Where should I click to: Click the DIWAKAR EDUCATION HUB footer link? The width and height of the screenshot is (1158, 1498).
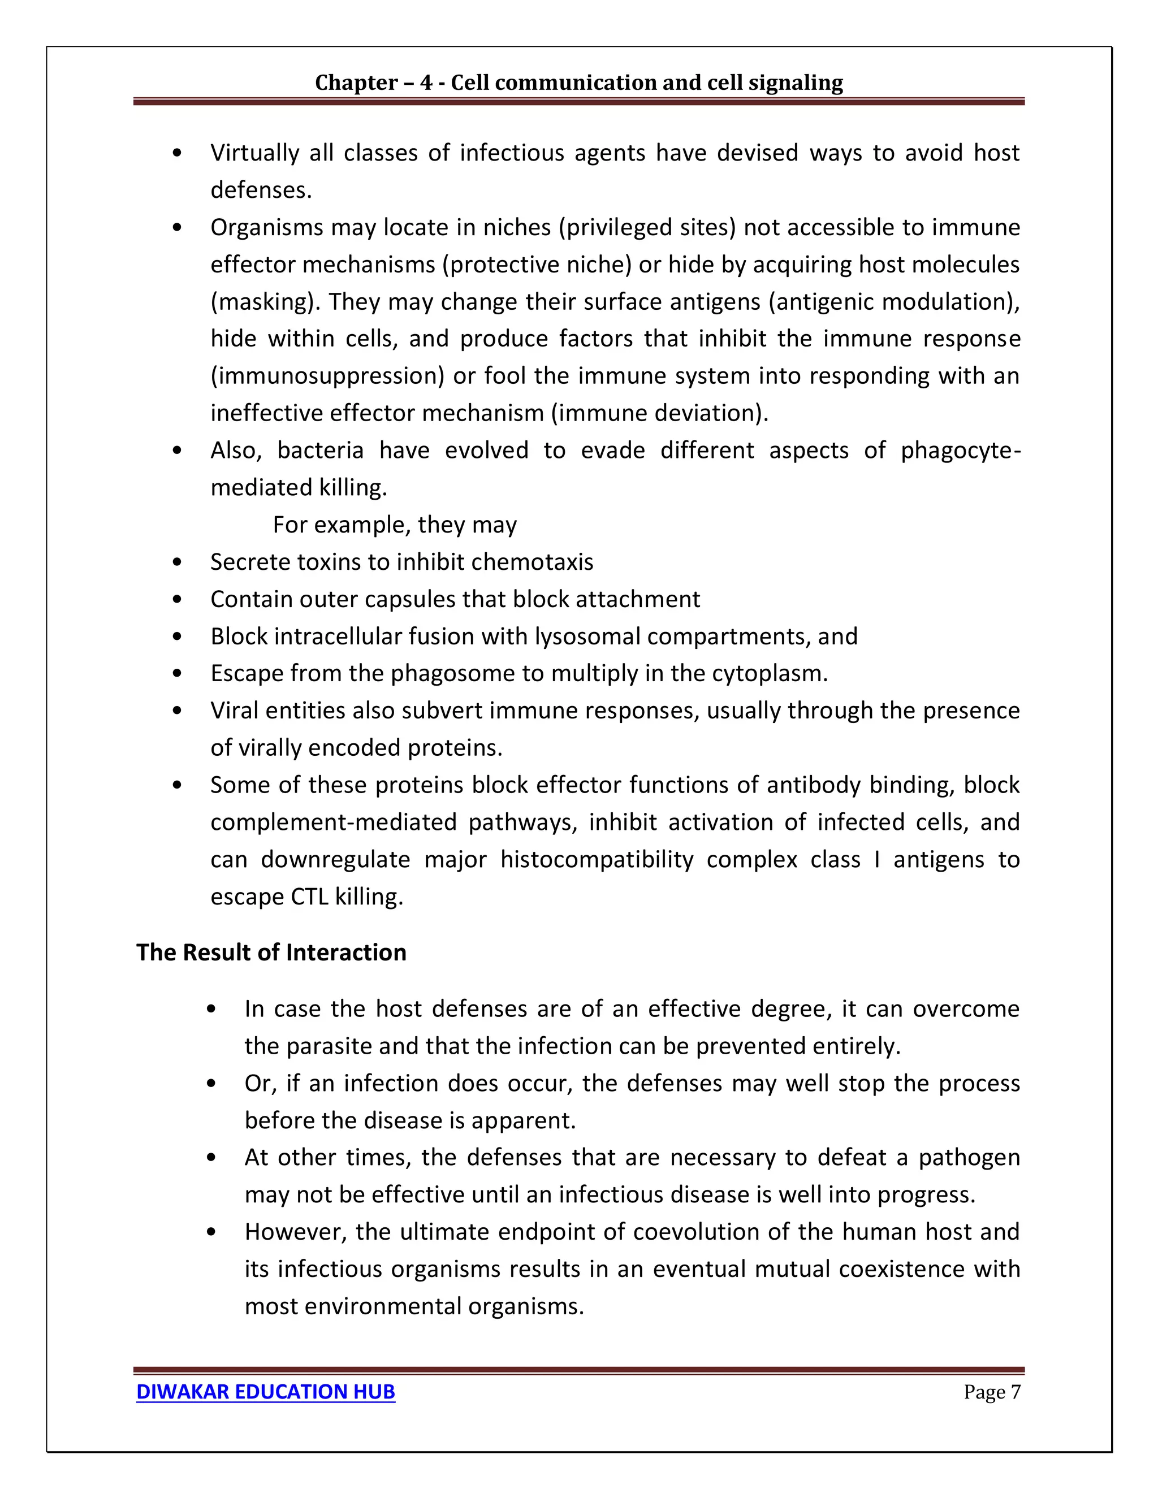click(266, 1392)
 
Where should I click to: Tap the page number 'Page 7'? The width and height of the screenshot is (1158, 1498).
click(991, 1392)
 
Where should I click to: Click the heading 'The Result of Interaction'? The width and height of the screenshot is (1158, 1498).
click(271, 953)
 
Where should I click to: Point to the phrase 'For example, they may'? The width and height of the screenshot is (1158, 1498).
click(395, 525)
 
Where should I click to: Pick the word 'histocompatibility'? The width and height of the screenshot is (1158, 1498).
click(597, 859)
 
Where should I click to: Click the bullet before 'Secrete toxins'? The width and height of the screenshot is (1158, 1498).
click(178, 562)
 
